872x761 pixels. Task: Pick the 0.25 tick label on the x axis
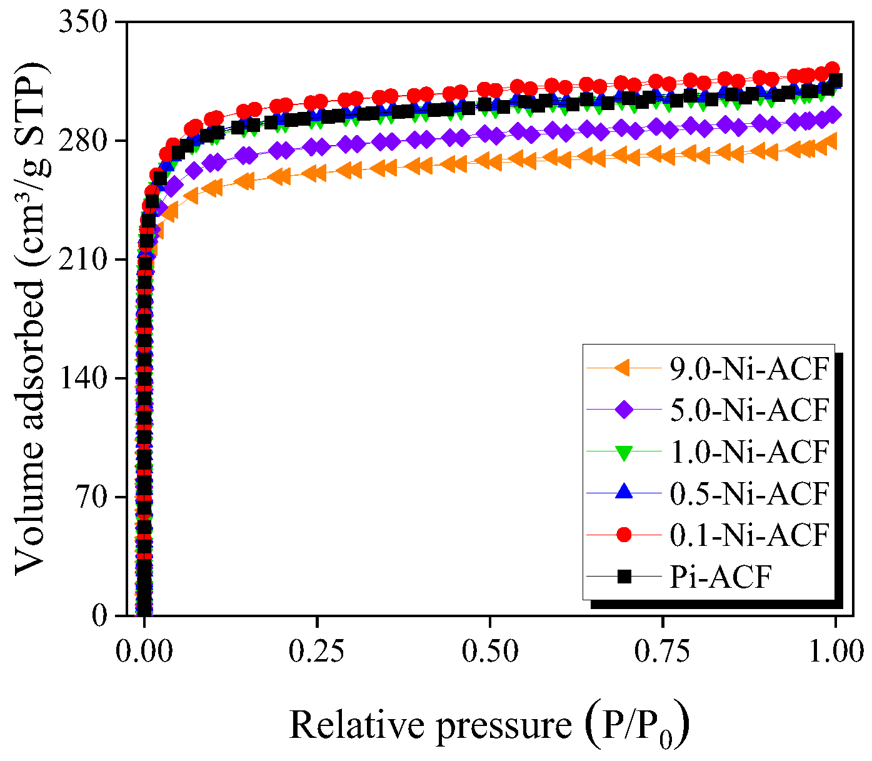pyautogui.click(x=317, y=652)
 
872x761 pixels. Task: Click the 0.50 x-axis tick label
pyautogui.click(x=489, y=652)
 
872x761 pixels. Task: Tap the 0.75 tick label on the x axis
pyautogui.click(x=662, y=652)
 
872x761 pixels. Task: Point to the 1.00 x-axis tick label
pyautogui.click(x=834, y=652)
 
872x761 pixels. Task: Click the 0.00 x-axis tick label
pyautogui.click(x=144, y=652)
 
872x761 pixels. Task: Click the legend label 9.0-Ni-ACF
pyautogui.click(x=749, y=370)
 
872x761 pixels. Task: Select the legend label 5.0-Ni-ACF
pyautogui.click(x=749, y=410)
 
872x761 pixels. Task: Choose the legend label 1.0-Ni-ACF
pyautogui.click(x=749, y=451)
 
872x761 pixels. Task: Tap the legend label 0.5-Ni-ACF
pyautogui.click(x=749, y=493)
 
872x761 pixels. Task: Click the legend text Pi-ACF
pyautogui.click(x=721, y=577)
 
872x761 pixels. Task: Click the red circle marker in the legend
pyautogui.click(x=624, y=535)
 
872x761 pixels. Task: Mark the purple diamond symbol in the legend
pyautogui.click(x=624, y=410)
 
